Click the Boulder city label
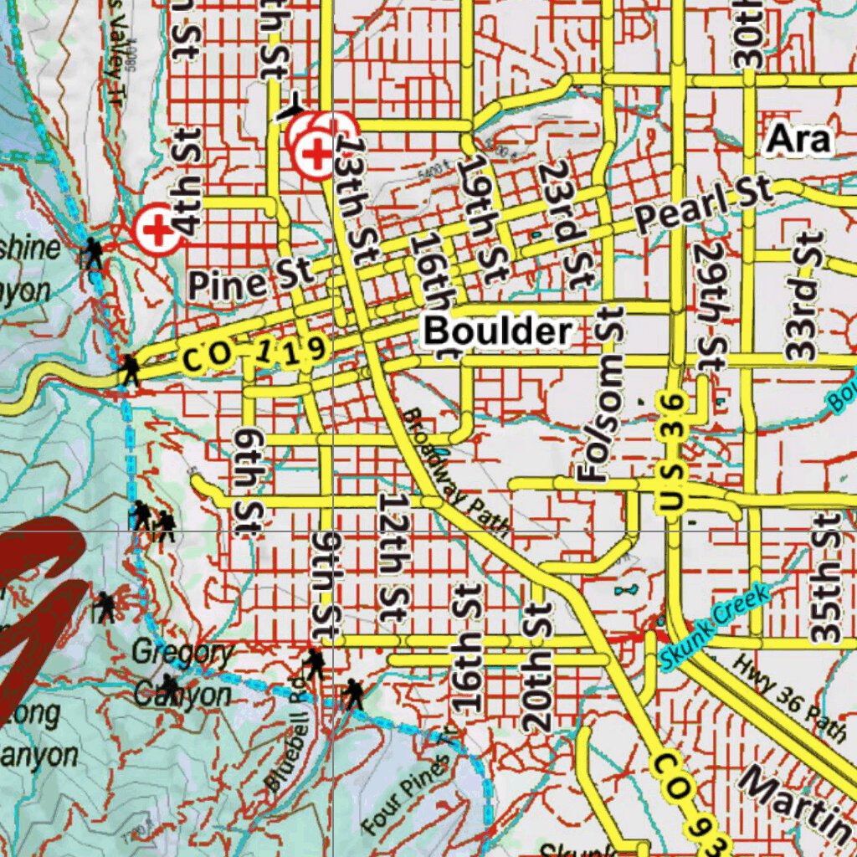tap(498, 332)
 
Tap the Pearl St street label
tap(703, 205)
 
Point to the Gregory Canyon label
tap(183, 674)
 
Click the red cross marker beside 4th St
tap(157, 228)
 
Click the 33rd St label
tap(802, 297)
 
